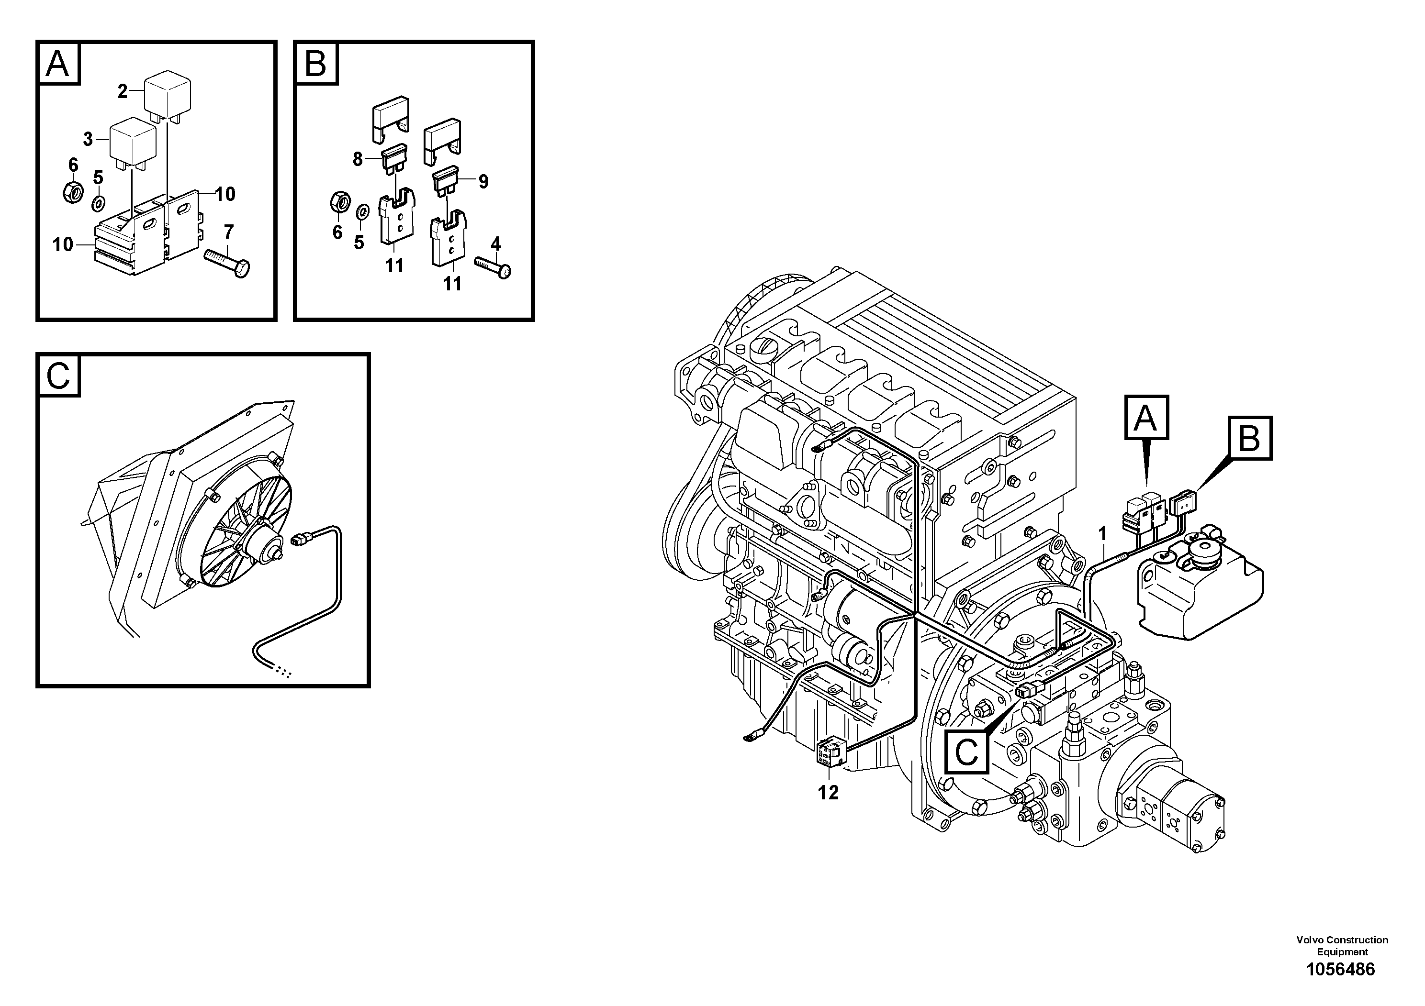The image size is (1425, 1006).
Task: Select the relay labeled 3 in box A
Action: (x=132, y=142)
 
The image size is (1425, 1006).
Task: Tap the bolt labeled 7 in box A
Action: (x=228, y=263)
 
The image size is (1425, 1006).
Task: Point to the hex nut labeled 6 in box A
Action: (x=73, y=193)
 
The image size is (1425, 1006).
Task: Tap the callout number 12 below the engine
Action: (x=828, y=792)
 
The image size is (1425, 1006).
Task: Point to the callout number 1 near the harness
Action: (x=1102, y=533)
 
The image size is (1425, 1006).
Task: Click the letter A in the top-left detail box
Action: (x=58, y=64)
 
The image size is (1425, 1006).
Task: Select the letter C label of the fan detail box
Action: (x=58, y=376)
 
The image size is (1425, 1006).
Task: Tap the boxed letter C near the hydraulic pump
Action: (x=966, y=752)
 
